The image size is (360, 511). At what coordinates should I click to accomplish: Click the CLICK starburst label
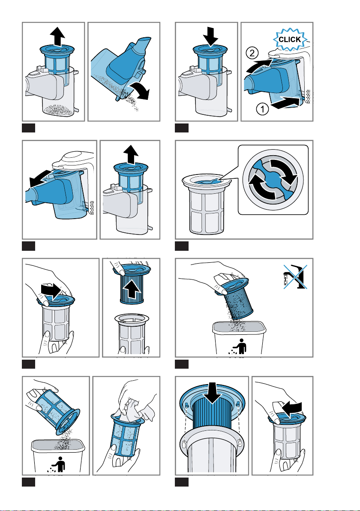pos(290,40)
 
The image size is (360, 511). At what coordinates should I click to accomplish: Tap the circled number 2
pos(252,53)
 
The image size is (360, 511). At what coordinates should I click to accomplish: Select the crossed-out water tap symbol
pos(295,277)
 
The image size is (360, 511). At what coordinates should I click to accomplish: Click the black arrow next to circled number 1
pos(284,103)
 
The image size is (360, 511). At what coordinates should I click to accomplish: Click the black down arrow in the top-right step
pos(210,36)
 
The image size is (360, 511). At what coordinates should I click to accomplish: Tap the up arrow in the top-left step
pos(57,36)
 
